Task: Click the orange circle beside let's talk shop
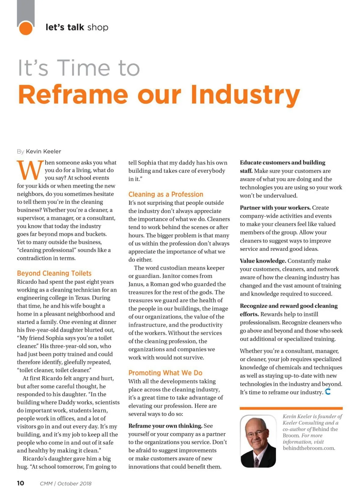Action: [x=26, y=28]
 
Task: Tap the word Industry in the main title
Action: [x=245, y=95]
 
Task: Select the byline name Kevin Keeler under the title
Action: [x=43, y=151]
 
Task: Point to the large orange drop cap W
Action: [x=30, y=170]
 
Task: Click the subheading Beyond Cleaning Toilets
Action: [x=54, y=273]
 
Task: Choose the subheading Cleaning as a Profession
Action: [x=166, y=194]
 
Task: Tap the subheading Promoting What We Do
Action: [x=165, y=373]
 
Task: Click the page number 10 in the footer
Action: [x=20, y=483]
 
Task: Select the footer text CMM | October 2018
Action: [x=65, y=484]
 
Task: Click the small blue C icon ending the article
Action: [x=328, y=392]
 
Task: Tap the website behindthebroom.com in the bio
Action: [x=309, y=448]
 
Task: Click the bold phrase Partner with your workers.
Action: [x=275, y=208]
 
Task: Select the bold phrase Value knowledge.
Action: [x=263, y=261]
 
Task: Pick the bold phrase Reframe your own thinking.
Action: [x=165, y=426]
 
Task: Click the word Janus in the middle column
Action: [x=136, y=284]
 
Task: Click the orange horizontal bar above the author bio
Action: [x=291, y=408]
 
